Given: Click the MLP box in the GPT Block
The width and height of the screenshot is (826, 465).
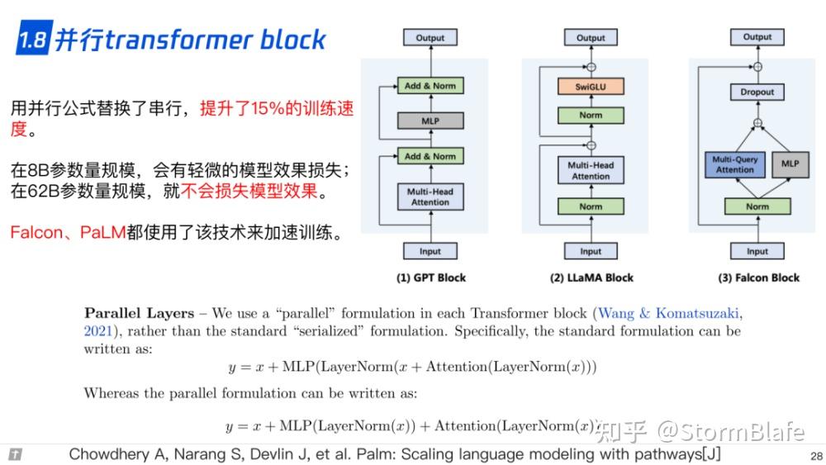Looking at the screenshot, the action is [x=430, y=121].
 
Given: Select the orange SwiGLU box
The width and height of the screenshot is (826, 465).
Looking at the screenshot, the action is [x=591, y=87].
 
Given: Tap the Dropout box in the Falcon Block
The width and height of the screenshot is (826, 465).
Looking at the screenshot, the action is [x=757, y=92].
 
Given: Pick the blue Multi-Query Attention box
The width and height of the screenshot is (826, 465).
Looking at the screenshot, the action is [x=735, y=164].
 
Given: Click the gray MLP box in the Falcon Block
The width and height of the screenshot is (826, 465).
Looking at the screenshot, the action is [x=790, y=164].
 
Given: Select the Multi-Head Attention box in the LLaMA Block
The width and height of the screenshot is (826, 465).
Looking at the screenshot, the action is [x=591, y=170].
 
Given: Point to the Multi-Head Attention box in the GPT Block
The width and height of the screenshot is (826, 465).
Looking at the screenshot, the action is [x=430, y=197].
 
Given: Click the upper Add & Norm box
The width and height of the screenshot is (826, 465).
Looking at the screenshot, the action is [x=430, y=85].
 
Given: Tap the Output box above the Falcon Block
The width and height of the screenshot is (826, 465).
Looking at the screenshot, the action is [x=757, y=37].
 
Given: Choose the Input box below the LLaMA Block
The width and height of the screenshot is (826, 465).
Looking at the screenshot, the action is [x=591, y=251].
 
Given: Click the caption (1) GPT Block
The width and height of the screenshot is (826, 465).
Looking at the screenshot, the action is [x=431, y=278].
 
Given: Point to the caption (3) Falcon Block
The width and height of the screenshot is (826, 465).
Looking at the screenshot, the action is [x=758, y=278].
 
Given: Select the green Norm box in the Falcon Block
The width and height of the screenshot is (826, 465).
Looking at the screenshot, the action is [x=757, y=206].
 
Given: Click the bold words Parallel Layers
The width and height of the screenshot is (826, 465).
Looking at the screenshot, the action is [x=139, y=313].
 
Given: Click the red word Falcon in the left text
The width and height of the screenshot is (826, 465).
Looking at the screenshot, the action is [x=36, y=232].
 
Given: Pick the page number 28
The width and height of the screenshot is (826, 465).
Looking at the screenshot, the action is [x=816, y=456].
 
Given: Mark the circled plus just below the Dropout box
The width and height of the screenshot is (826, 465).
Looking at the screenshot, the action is [x=757, y=123].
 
